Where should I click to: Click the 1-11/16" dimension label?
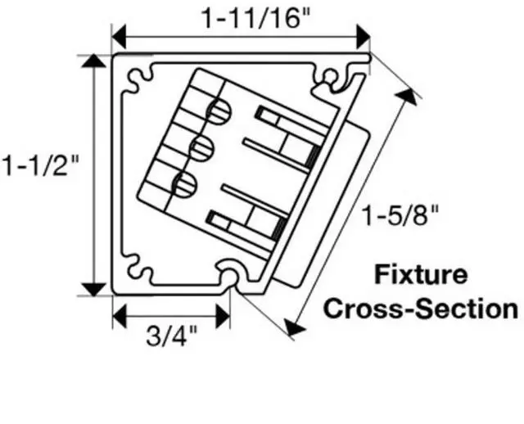click(x=256, y=18)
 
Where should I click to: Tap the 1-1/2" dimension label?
click(x=39, y=165)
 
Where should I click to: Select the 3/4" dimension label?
click(x=172, y=336)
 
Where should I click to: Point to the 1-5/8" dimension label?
click(x=400, y=214)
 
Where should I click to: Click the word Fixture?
click(x=421, y=275)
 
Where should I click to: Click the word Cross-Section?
click(x=421, y=309)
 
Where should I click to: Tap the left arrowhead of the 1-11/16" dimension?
click(x=119, y=36)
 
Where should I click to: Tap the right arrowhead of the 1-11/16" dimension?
click(x=364, y=36)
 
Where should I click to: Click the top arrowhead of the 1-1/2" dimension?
click(x=94, y=61)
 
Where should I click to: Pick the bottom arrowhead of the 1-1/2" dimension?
click(x=94, y=289)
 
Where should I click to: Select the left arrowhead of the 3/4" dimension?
click(x=120, y=316)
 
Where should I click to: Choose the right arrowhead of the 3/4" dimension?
click(x=223, y=316)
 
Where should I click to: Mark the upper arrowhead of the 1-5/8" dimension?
click(x=407, y=96)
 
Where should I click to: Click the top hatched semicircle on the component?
click(x=220, y=111)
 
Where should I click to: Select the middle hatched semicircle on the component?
click(x=202, y=148)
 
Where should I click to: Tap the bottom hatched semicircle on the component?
click(x=185, y=184)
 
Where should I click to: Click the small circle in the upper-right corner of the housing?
click(x=329, y=75)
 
